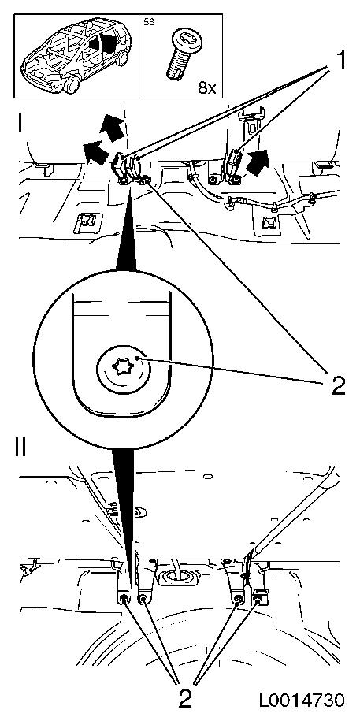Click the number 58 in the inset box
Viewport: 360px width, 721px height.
tap(149, 22)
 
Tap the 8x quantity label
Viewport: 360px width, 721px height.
tap(207, 87)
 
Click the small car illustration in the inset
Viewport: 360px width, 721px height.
tap(75, 55)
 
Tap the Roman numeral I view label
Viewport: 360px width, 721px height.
tap(20, 123)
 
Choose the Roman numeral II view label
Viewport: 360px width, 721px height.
tap(20, 448)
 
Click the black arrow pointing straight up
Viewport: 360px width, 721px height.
tap(112, 129)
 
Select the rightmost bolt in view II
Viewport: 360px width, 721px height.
tap(258, 599)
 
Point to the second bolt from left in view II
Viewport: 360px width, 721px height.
tap(143, 599)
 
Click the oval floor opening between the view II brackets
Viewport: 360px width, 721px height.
tap(177, 575)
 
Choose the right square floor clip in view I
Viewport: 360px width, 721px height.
tap(268, 223)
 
